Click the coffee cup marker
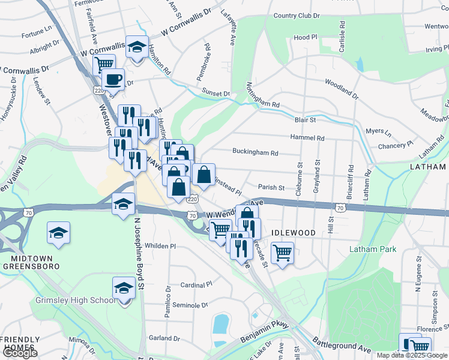(x=113, y=79)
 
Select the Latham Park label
(x=370, y=249)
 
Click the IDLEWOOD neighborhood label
(x=294, y=232)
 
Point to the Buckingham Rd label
(x=255, y=153)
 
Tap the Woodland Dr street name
(x=342, y=89)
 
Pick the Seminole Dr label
(x=190, y=305)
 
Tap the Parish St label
(x=271, y=187)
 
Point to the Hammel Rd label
(x=307, y=138)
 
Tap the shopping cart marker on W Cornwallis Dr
(x=104, y=63)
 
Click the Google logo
(x=19, y=353)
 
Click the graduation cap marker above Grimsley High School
(x=124, y=289)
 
